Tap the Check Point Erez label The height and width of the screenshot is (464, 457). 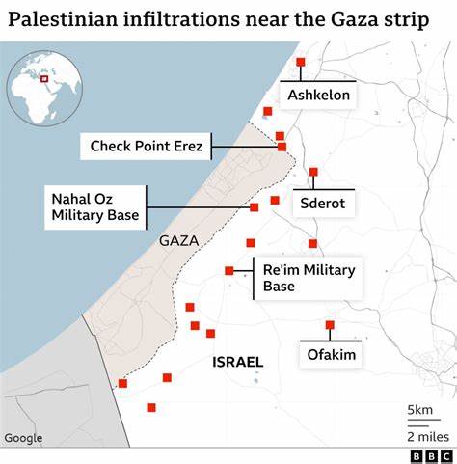click(146, 147)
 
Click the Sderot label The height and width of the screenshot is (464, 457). click(322, 205)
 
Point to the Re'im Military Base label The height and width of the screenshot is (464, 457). click(309, 278)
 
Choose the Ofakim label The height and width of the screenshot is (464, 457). click(332, 355)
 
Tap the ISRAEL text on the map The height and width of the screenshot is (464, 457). click(236, 362)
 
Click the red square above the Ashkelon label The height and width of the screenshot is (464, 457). click(301, 62)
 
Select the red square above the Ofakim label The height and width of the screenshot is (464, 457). click(330, 325)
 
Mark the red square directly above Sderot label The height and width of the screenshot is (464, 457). click(313, 172)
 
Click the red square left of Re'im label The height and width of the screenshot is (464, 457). click(229, 271)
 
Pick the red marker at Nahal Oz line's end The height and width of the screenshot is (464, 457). click(255, 207)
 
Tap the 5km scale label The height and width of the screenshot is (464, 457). click(419, 410)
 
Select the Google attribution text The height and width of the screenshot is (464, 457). click(23, 438)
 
